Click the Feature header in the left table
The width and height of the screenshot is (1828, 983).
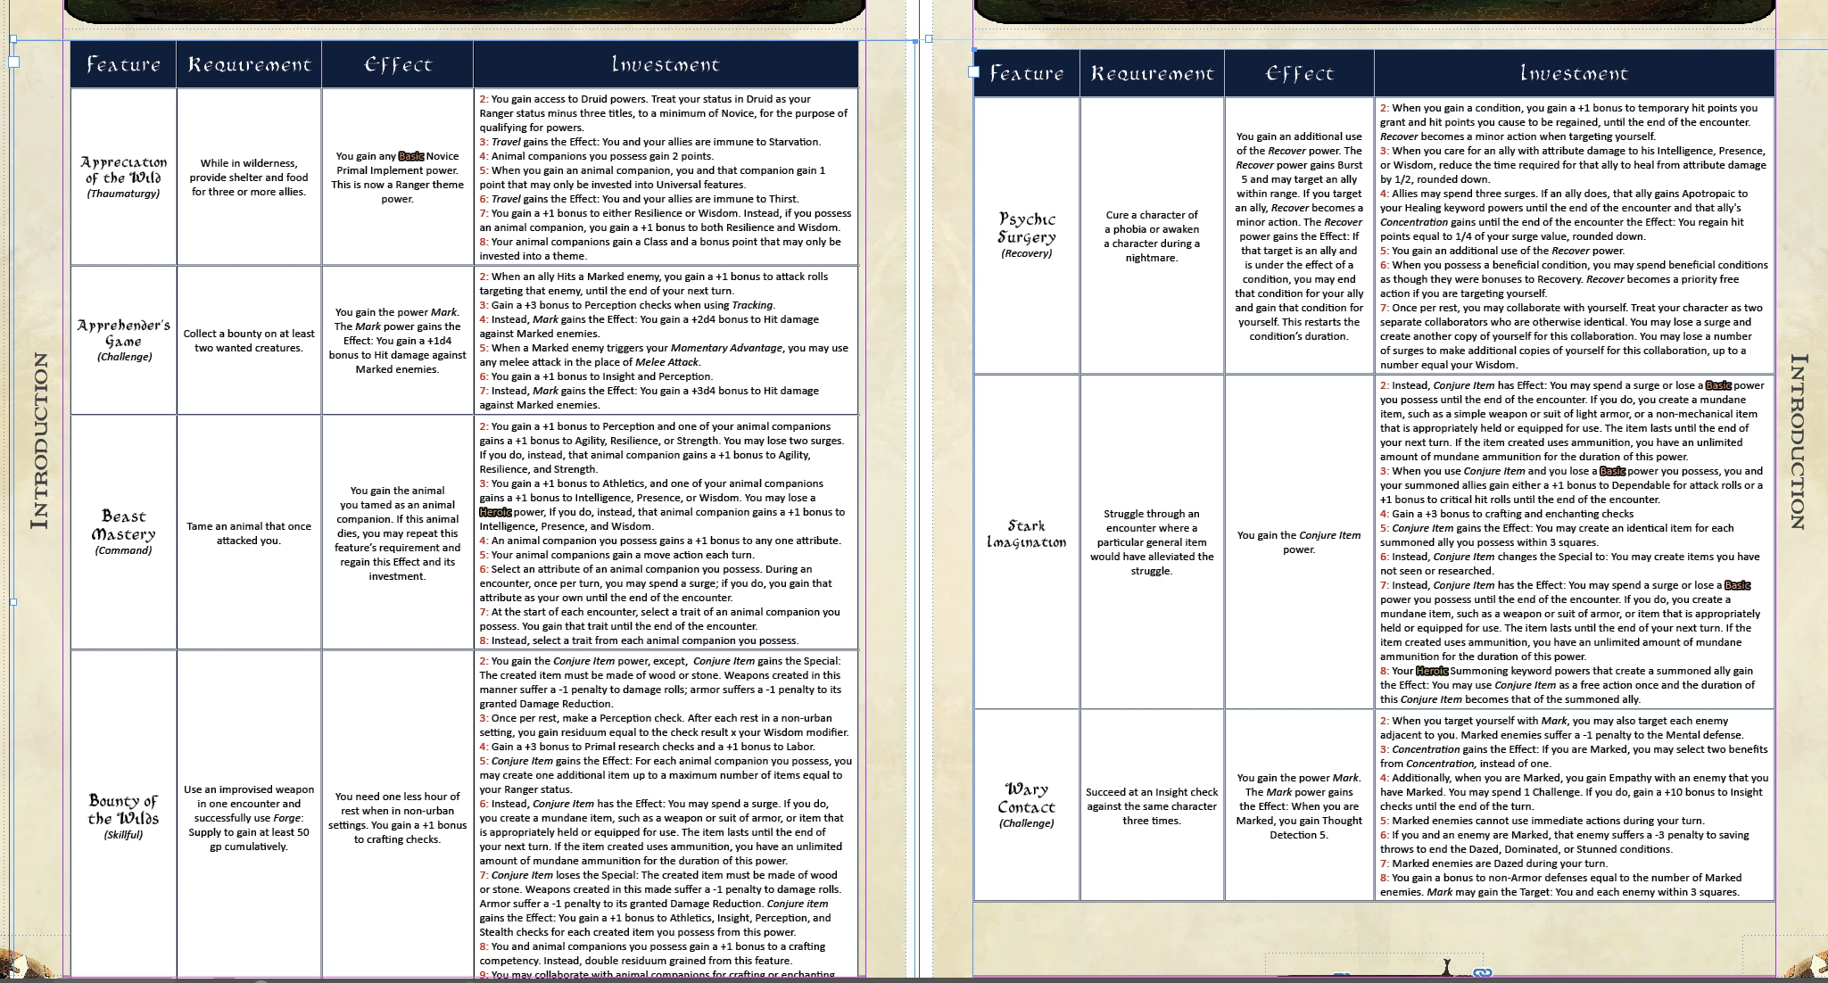point(123,64)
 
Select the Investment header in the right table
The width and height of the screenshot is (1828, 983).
point(1574,73)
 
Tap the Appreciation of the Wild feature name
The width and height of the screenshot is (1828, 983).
point(123,169)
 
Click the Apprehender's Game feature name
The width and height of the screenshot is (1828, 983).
point(123,333)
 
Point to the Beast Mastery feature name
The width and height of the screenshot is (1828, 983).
point(123,525)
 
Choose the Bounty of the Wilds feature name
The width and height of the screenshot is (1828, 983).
point(123,809)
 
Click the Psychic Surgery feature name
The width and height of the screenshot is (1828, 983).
point(1027,227)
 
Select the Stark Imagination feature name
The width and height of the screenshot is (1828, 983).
point(1026,533)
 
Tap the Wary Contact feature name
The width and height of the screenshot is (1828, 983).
point(1026,797)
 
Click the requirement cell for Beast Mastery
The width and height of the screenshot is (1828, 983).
point(249,533)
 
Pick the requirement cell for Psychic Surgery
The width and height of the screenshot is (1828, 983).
point(1152,236)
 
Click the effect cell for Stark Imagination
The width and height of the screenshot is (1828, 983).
point(1299,542)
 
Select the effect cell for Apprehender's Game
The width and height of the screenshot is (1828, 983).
point(397,341)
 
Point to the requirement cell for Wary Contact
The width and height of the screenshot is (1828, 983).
point(1152,806)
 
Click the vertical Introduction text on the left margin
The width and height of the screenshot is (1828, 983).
point(39,441)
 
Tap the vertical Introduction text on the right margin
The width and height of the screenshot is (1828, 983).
point(1799,442)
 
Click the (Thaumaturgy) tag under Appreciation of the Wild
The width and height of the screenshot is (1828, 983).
point(123,194)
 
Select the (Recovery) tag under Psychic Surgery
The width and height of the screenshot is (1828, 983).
point(1027,253)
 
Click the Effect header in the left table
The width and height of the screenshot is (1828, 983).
point(397,64)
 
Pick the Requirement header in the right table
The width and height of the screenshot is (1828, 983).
point(1152,73)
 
